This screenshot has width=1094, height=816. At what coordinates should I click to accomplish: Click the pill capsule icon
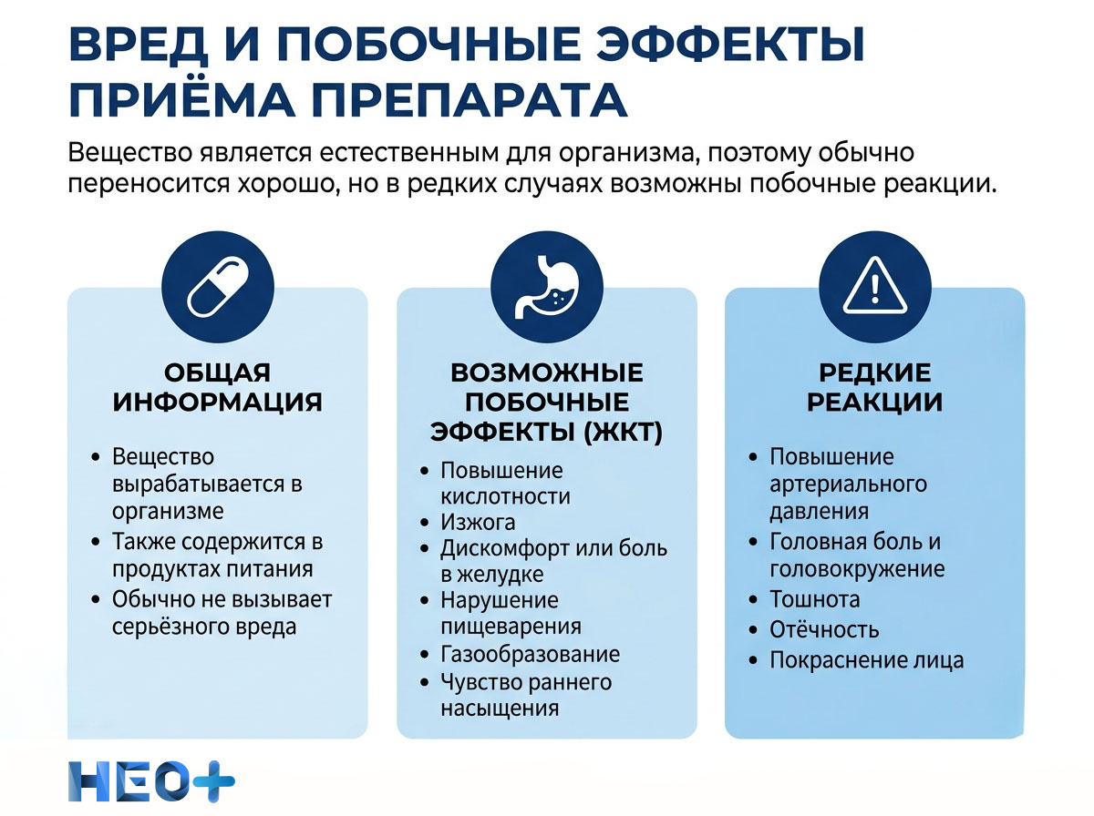pyautogui.click(x=218, y=284)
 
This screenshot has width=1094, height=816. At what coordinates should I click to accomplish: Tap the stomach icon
pyautogui.click(x=546, y=284)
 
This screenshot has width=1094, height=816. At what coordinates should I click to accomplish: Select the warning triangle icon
pyautogui.click(x=874, y=284)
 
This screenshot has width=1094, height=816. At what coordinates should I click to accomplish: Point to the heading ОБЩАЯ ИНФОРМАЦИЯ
pyautogui.click(x=218, y=387)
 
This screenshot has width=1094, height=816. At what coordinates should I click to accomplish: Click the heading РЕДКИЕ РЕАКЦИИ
pyautogui.click(x=874, y=387)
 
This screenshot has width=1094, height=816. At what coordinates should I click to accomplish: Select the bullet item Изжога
pyautogui.click(x=478, y=523)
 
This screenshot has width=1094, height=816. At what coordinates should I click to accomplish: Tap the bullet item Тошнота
pyautogui.click(x=814, y=599)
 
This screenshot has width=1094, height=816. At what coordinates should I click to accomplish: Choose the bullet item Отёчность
pyautogui.click(x=823, y=629)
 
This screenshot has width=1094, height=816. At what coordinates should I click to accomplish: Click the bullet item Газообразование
pyautogui.click(x=530, y=654)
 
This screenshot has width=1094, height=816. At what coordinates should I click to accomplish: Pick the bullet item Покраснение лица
pyautogui.click(x=866, y=660)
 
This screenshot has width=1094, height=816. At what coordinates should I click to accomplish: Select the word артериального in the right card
pyautogui.click(x=848, y=484)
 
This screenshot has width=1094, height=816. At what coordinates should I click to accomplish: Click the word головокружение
pyautogui.click(x=857, y=569)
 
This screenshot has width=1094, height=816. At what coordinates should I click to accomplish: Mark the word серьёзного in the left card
pyautogui.click(x=168, y=627)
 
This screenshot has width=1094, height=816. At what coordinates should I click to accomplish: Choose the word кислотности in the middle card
pyautogui.click(x=505, y=496)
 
